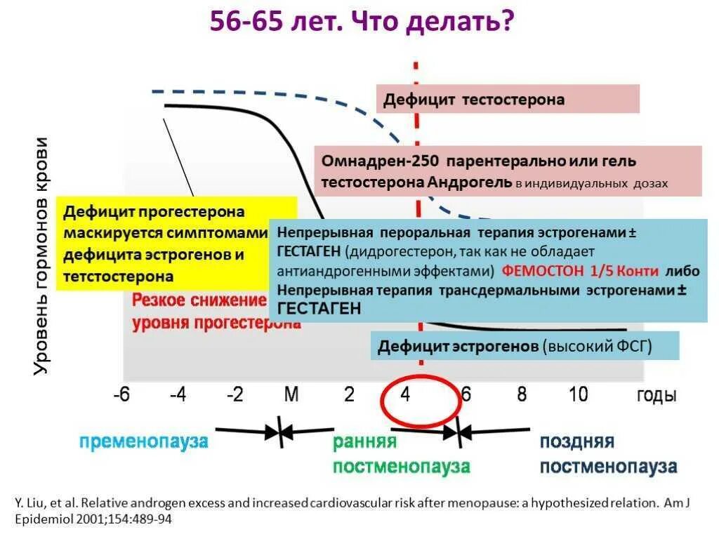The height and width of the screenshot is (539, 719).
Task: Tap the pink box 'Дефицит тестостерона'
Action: (x=508, y=99)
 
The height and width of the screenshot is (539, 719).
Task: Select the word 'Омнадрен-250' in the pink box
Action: (x=370, y=161)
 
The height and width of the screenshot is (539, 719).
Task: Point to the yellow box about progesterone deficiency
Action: (x=176, y=243)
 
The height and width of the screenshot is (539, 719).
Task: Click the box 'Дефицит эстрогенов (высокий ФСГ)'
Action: (x=525, y=346)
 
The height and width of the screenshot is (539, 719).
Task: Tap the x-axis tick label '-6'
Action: (x=122, y=394)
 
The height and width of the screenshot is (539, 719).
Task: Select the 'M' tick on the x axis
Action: (x=291, y=394)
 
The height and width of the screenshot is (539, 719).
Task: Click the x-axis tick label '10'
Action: (x=578, y=394)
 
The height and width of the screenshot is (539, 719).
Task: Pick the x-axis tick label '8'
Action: (x=522, y=394)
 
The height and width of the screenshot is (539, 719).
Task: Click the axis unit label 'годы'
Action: (x=657, y=395)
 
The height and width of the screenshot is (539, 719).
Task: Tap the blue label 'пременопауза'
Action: (x=143, y=441)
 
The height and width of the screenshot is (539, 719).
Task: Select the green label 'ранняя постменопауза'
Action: (x=401, y=454)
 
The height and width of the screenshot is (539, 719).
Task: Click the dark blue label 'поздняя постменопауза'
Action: (x=608, y=454)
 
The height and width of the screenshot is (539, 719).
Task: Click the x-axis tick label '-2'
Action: (x=235, y=394)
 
